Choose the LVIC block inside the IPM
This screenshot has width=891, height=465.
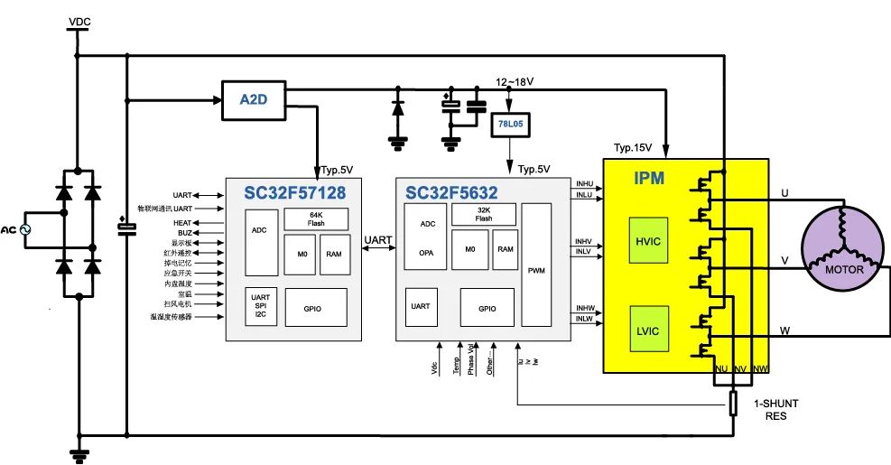pyautogui.click(x=649, y=330)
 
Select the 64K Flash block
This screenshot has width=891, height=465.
pyautogui.click(x=316, y=219)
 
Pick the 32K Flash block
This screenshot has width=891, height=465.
pyautogui.click(x=484, y=214)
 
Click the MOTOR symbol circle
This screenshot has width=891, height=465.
pyautogui.click(x=843, y=249)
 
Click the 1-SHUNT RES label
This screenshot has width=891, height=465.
pyautogui.click(x=766, y=410)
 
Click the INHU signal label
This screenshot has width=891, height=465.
pyautogui.click(x=584, y=186)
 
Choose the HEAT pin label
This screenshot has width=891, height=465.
pyautogui.click(x=182, y=221)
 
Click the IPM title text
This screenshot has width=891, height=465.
pyautogui.click(x=649, y=179)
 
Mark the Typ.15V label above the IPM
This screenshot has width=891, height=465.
pyautogui.click(x=633, y=147)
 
